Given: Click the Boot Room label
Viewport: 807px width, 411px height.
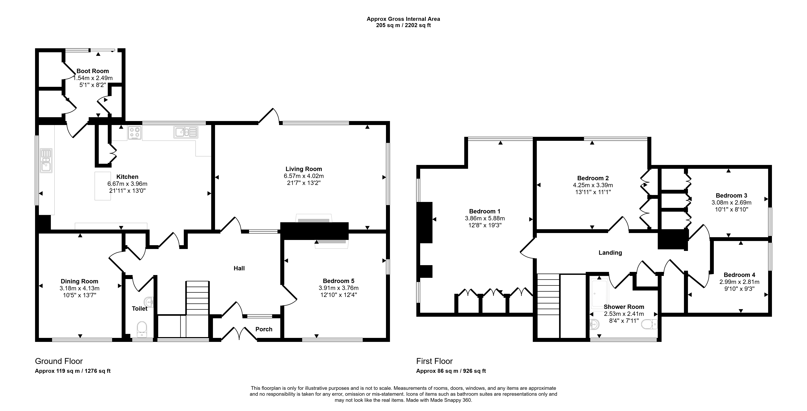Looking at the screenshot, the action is [x=93, y=71].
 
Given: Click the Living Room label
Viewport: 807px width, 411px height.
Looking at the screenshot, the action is [x=304, y=169].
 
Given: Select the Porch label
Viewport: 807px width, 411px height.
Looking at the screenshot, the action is [x=264, y=329].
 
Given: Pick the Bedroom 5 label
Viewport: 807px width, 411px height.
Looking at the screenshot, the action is [x=339, y=281].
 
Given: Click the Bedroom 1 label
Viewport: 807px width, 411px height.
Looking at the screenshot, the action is [x=485, y=211].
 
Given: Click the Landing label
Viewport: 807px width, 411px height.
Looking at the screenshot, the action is [x=610, y=253].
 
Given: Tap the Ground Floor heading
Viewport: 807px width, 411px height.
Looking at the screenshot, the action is [x=59, y=361].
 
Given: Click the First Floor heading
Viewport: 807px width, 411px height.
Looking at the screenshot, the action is [x=435, y=361].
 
